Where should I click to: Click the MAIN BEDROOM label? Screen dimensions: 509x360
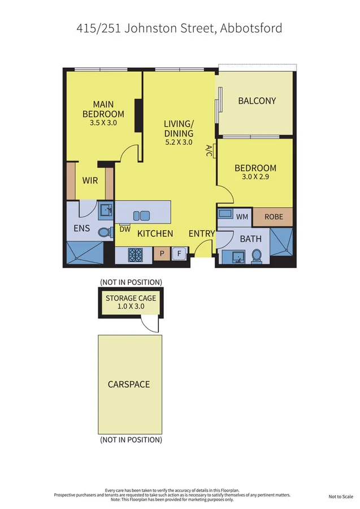pyautogui.click(x=103, y=109)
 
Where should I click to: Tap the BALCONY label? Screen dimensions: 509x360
pyautogui.click(x=257, y=101)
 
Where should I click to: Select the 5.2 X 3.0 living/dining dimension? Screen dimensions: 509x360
pyautogui.click(x=179, y=143)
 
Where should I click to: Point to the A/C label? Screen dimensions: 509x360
pyautogui.click(x=209, y=151)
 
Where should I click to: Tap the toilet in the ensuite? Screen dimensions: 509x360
pyautogui.click(x=105, y=231)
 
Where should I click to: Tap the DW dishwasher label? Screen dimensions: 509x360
pyautogui.click(x=125, y=229)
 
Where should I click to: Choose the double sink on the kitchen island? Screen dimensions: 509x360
pyautogui.click(x=141, y=215)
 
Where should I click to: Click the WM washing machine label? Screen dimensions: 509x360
pyautogui.click(x=242, y=217)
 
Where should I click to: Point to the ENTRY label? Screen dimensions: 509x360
pyautogui.click(x=201, y=233)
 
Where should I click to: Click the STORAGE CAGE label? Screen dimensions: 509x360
pyautogui.click(x=131, y=298)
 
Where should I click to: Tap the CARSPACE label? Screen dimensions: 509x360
pyautogui.click(x=129, y=385)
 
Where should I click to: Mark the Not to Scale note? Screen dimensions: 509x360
pyautogui.click(x=340, y=497)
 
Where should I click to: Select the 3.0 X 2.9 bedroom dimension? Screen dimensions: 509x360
pyautogui.click(x=255, y=177)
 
